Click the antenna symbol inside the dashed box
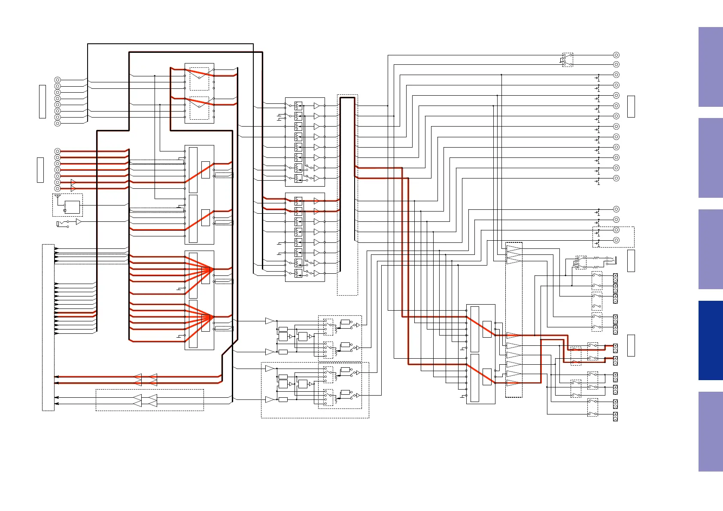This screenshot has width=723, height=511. point(58,197)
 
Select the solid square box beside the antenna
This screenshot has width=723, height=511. point(73,208)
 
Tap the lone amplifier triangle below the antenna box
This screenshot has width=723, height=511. point(79,222)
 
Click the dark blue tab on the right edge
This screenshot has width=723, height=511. point(711,340)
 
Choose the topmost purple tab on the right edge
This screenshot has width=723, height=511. point(711,67)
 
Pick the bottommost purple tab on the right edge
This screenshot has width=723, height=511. point(711,431)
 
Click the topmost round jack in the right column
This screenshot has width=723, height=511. point(616,55)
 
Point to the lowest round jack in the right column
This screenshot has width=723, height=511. point(616,240)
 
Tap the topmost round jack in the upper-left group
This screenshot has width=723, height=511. point(58,80)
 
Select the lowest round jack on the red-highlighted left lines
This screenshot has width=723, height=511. point(58,188)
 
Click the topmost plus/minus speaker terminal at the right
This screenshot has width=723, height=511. point(615,276)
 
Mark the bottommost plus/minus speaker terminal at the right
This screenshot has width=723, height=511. point(615,416)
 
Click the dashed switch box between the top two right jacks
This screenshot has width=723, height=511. point(568,60)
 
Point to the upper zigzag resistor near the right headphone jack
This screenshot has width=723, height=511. point(595,258)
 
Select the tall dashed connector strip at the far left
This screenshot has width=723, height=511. point(48,327)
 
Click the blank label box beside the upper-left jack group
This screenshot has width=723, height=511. point(42,101)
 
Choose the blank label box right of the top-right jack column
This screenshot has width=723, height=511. point(631,106)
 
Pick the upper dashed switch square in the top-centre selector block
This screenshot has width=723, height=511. point(199,79)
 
